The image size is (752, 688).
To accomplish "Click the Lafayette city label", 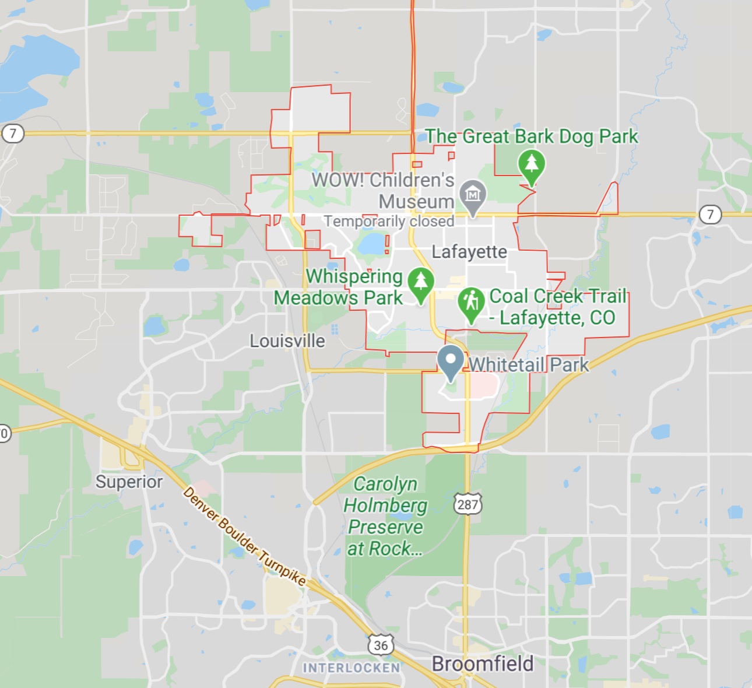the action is [469, 252].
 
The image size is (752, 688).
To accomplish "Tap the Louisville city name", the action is [287, 341].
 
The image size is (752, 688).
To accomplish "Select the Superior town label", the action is [129, 482].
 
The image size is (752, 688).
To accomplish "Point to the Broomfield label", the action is [483, 664].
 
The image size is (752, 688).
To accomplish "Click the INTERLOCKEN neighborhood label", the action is [351, 668].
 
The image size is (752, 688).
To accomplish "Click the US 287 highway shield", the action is [468, 504].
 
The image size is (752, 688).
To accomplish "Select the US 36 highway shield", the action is [381, 645].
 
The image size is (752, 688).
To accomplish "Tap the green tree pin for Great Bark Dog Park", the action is [531, 164].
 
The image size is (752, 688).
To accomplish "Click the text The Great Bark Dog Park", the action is [532, 136].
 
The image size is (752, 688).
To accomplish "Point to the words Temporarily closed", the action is [389, 222].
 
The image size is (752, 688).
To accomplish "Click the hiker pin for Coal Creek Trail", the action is [471, 303].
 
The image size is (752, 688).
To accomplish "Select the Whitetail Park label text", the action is [529, 365].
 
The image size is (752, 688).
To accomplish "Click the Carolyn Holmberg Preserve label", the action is [385, 516].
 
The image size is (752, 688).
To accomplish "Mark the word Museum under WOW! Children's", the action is [416, 202].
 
